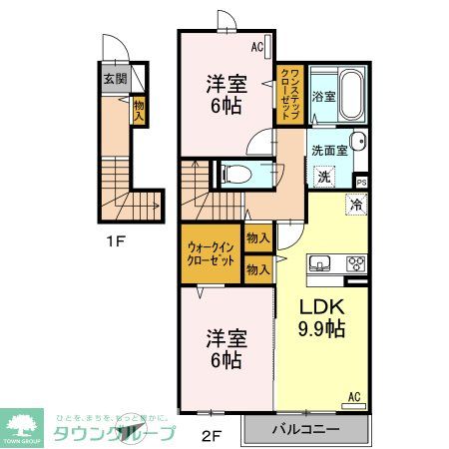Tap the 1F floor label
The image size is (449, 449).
click(117, 239)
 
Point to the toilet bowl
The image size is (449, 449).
click(235, 175)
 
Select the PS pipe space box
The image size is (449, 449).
click(361, 182)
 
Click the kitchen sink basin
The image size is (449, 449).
click(321, 264)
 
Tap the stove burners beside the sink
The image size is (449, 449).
click(354, 264)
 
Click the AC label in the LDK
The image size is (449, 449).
click(352, 397)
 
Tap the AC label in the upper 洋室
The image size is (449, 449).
click(257, 46)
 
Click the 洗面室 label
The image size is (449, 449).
click(327, 150)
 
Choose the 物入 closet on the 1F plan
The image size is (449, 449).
click(139, 110)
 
